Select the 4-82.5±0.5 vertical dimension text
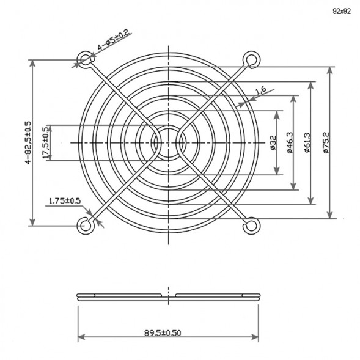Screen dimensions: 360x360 click(28, 143)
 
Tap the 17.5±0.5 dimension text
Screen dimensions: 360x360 click(46, 143)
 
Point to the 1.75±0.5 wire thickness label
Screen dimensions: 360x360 click(64, 200)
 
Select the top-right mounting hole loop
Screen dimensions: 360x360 click(249, 59)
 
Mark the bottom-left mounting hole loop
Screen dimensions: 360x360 click(84, 226)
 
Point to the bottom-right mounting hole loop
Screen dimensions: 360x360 click(249, 226)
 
